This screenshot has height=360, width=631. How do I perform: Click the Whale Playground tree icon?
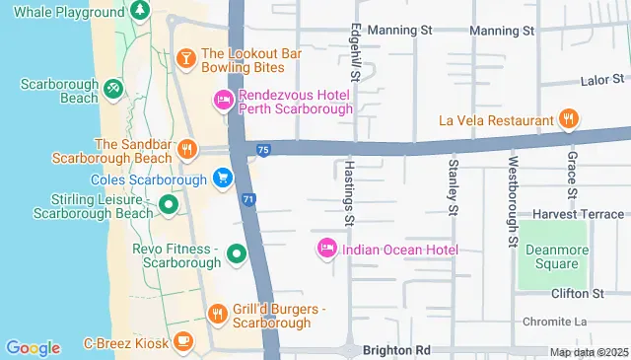click(140, 11)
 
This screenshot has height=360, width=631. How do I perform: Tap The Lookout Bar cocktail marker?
click(184, 60)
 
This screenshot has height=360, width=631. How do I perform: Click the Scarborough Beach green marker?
click(114, 89)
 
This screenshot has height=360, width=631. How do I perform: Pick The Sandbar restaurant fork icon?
click(187, 149)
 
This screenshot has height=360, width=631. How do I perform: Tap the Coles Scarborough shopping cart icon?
click(224, 179)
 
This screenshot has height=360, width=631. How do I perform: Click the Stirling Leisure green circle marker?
click(169, 205)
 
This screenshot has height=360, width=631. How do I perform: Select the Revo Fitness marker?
click(237, 255)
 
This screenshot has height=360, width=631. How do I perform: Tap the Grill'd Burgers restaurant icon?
click(218, 314)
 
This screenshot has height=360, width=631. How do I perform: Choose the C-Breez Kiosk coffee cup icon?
click(182, 341)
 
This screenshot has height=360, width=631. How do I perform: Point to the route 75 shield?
click(262, 149)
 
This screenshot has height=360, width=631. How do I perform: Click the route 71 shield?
click(249, 199)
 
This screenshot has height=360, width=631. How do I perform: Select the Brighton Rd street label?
click(397, 350)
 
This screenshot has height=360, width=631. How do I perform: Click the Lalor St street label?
click(604, 79)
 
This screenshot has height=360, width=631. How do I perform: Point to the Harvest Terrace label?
click(579, 214)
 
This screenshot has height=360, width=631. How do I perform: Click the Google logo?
click(34, 347)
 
